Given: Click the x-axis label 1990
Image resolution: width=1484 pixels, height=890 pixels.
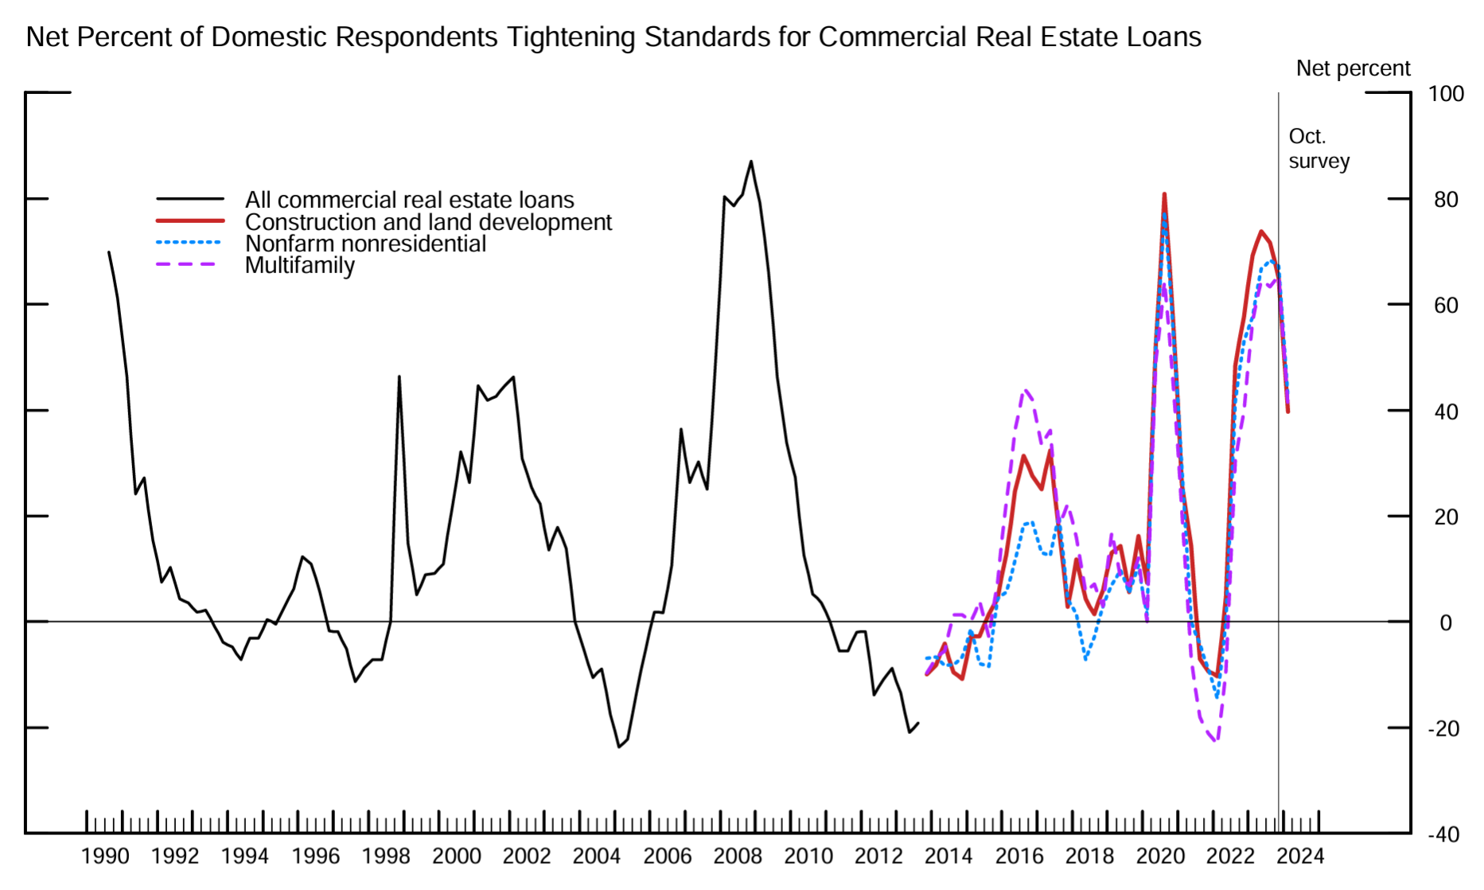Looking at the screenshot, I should (x=105, y=857).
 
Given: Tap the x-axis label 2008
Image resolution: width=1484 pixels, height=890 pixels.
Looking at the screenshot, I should (x=738, y=857).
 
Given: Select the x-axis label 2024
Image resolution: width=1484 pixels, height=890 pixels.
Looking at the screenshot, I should (x=1300, y=857).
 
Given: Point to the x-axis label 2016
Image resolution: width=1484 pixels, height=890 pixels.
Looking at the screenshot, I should (x=1019, y=857).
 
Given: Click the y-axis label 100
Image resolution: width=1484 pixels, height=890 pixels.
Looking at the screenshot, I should (x=1446, y=94).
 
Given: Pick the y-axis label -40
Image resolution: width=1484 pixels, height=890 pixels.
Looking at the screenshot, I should (x=1443, y=835).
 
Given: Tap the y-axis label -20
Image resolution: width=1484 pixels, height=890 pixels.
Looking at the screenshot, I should (x=1443, y=729).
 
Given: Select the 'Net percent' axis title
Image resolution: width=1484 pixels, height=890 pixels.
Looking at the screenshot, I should (x=1353, y=68).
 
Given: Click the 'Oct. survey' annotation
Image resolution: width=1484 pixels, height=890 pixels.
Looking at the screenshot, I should (x=1318, y=149).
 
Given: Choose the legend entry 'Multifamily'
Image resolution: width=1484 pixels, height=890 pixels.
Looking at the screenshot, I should (x=300, y=265).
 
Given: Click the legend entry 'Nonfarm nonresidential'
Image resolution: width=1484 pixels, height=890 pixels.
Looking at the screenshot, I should (x=365, y=244).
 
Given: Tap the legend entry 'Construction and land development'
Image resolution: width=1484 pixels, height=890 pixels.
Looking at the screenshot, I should (x=428, y=222).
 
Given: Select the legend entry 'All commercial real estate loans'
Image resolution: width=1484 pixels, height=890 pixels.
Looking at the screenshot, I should (x=409, y=200).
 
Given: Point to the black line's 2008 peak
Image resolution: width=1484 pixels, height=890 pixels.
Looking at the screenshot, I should (x=751, y=162).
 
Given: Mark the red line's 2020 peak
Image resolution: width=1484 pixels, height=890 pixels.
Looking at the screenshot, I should (x=1164, y=193).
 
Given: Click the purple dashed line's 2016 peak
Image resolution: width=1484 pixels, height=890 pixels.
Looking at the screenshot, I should (x=1026, y=390).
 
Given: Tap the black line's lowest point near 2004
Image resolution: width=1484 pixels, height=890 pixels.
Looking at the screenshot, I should (x=619, y=747).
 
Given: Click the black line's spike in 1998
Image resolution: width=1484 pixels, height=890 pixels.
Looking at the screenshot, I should (x=399, y=377).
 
